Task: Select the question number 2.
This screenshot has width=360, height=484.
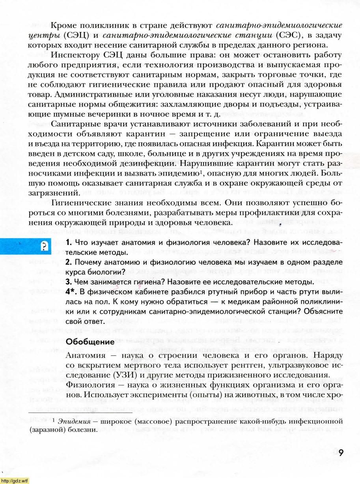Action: click(68, 262)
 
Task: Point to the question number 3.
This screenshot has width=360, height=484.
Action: click(68, 282)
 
